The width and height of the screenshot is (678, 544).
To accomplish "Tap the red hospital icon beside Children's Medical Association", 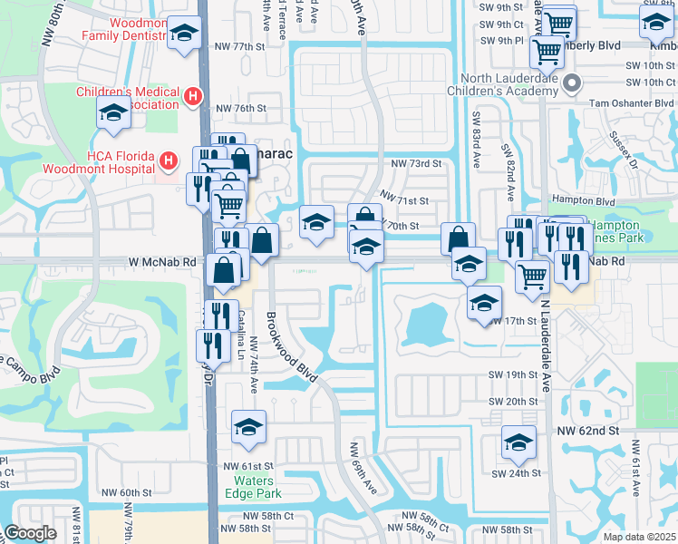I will pyautogui.click(x=192, y=96).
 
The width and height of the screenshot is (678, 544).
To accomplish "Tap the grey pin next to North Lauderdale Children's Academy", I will pyautogui.click(x=572, y=84).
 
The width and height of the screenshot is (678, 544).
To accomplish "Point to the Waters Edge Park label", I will pyautogui.click(x=257, y=487).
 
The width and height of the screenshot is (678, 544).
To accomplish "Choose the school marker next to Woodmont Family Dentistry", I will pyautogui.click(x=185, y=35).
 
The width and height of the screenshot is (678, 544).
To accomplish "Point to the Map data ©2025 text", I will pyautogui.click(x=639, y=537).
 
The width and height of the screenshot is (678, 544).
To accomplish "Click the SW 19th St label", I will pyautogui.click(x=513, y=374).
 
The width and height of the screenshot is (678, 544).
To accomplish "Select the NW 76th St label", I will pyautogui.click(x=239, y=108).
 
